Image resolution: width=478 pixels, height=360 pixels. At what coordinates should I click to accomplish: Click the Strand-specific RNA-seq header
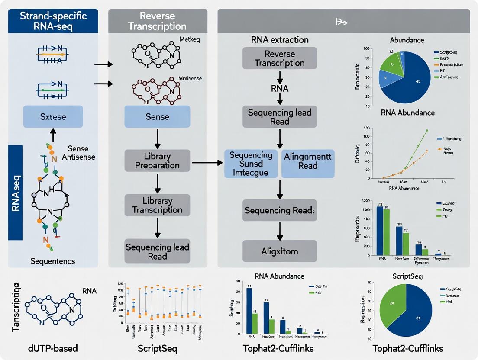[x=53, y=21]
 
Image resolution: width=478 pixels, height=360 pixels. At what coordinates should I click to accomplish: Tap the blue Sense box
[x=157, y=116]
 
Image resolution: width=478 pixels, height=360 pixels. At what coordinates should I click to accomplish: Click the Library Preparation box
[x=157, y=160]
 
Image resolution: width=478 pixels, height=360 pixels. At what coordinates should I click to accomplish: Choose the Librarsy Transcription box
[x=157, y=206]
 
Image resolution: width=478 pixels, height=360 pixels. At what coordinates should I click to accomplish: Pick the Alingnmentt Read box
[x=307, y=161]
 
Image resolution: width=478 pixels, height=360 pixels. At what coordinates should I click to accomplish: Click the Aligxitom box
[x=279, y=251]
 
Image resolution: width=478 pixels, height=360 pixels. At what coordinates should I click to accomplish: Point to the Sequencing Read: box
[x=279, y=211]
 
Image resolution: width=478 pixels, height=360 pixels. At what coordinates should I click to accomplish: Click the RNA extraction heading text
[x=280, y=40]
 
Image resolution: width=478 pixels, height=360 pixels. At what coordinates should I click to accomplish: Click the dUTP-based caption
[x=48, y=348]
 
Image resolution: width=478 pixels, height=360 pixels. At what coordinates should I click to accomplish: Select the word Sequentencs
[x=53, y=261]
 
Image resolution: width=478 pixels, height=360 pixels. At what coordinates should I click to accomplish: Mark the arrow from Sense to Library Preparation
[x=157, y=138]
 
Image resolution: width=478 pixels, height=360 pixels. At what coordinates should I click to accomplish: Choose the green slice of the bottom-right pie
[x=391, y=305]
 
